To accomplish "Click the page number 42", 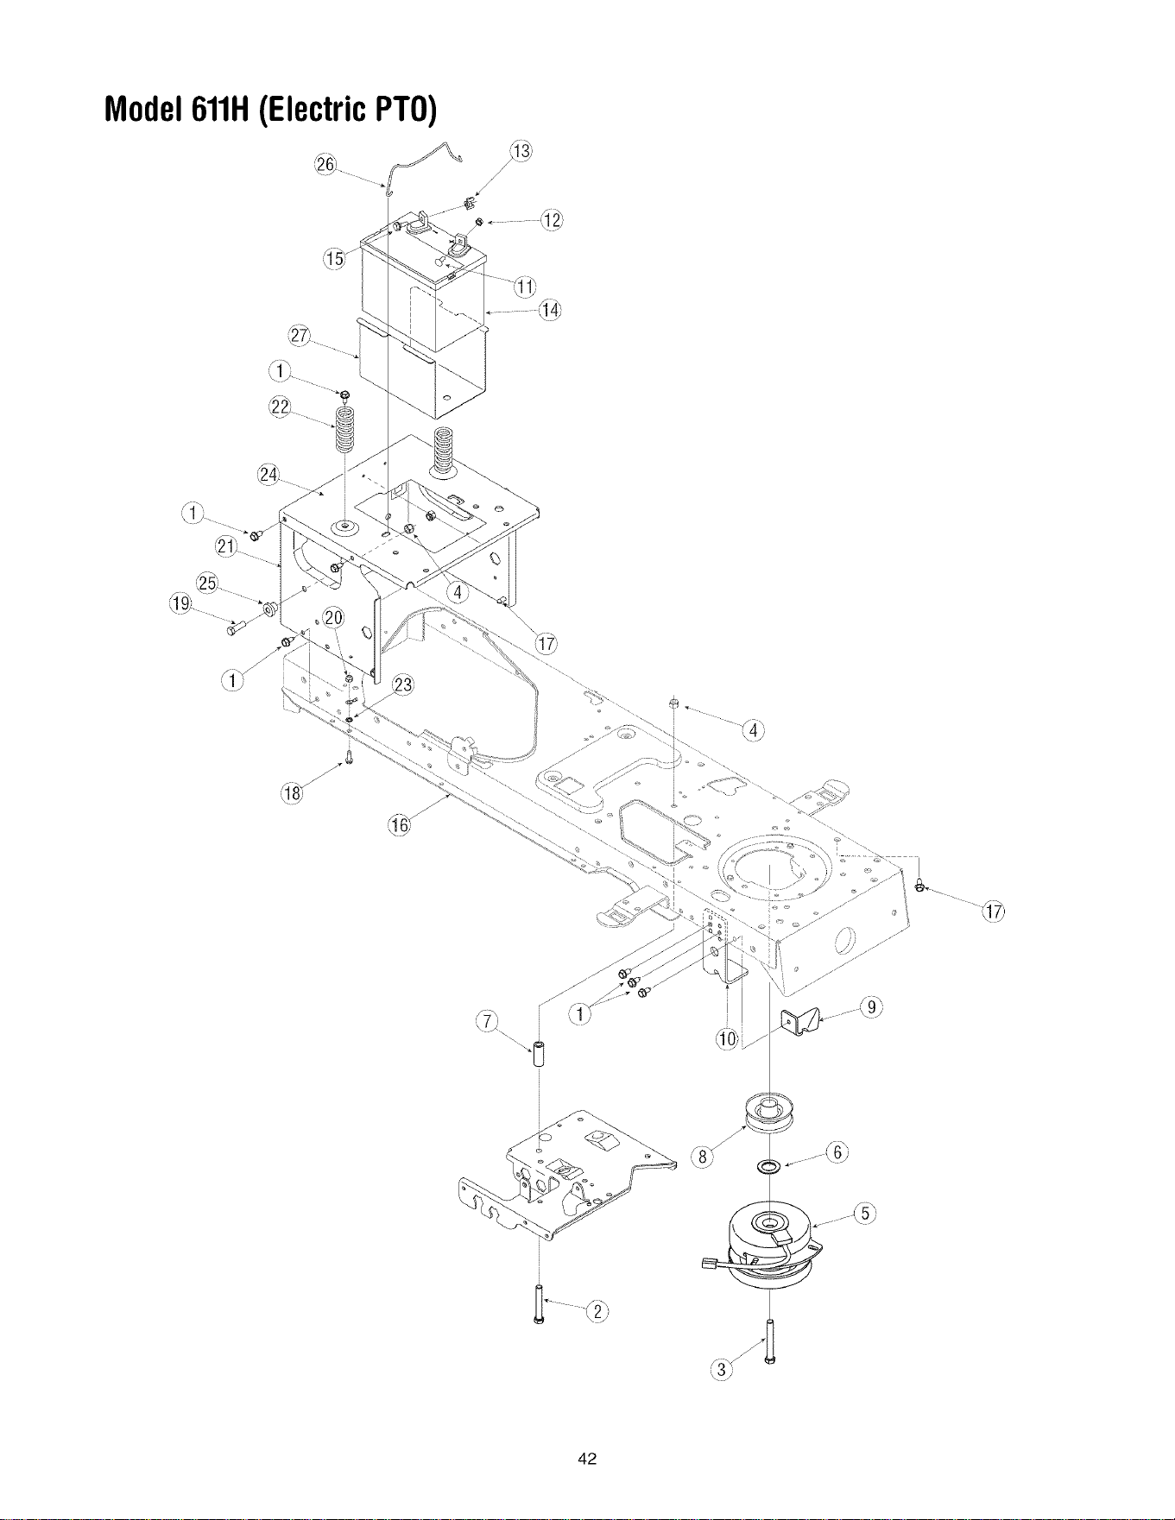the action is coord(588,1460).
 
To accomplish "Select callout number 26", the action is coord(325,165).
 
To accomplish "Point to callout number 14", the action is coord(550,310).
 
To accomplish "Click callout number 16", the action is coord(399,825).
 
